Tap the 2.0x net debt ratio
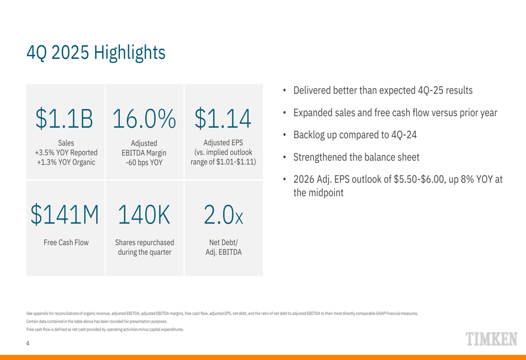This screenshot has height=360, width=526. pyautogui.click(x=223, y=214)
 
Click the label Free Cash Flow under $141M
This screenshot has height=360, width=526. pyautogui.click(x=66, y=242)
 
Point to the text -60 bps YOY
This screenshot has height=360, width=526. pyautogui.click(x=144, y=162)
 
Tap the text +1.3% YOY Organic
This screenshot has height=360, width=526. pyautogui.click(x=66, y=162)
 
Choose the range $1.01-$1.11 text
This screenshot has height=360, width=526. pyautogui.click(x=223, y=162)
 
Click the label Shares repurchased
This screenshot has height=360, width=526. pyautogui.click(x=144, y=242)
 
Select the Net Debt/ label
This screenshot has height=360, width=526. pyautogui.click(x=224, y=242)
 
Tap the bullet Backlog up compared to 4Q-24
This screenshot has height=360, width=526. pyautogui.click(x=355, y=134)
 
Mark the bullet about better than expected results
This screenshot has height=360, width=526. pyautogui.click(x=382, y=90)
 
